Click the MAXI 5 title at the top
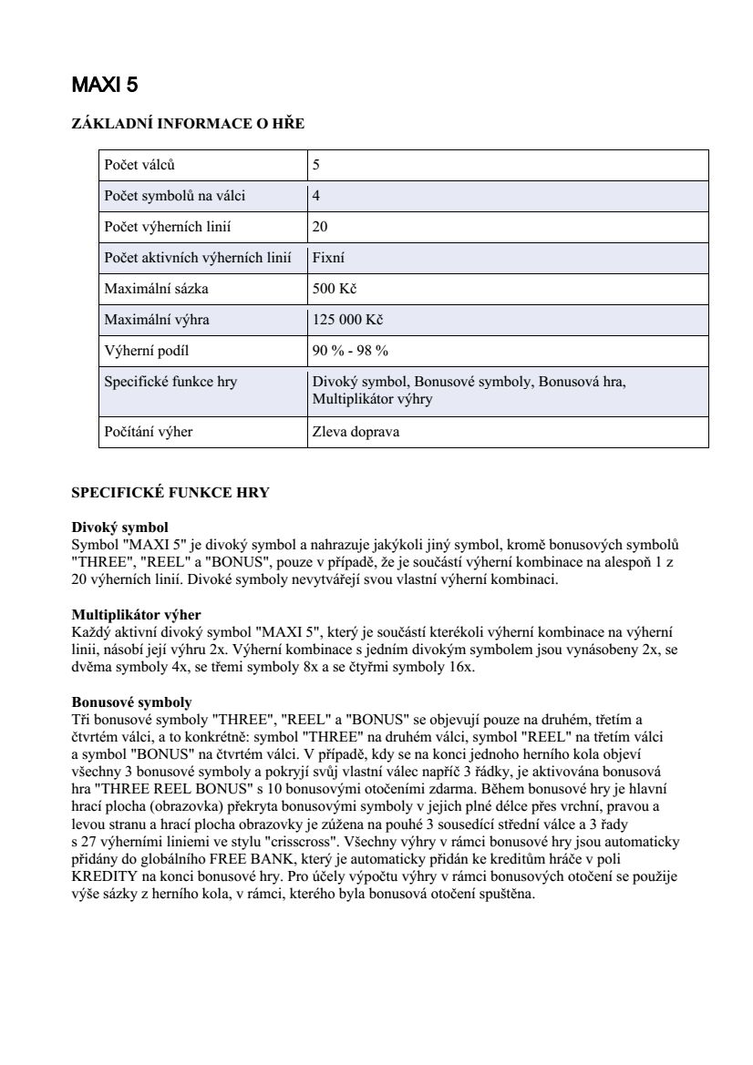[x=105, y=86]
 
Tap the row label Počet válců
[x=139, y=166]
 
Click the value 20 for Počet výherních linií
[x=320, y=227]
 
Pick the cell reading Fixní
[x=328, y=258]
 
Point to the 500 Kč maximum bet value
[x=334, y=289]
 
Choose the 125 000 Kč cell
[x=347, y=320]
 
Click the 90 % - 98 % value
[x=350, y=351]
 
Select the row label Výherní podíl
[x=147, y=351]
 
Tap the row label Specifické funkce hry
[x=170, y=382]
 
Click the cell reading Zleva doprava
[x=356, y=432]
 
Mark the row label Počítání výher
[x=149, y=432]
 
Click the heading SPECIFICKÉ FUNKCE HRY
[x=170, y=493]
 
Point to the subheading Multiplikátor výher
[x=136, y=615]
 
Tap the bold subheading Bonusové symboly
[x=131, y=702]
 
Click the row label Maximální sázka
[x=157, y=289]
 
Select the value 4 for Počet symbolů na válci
[x=316, y=196]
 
